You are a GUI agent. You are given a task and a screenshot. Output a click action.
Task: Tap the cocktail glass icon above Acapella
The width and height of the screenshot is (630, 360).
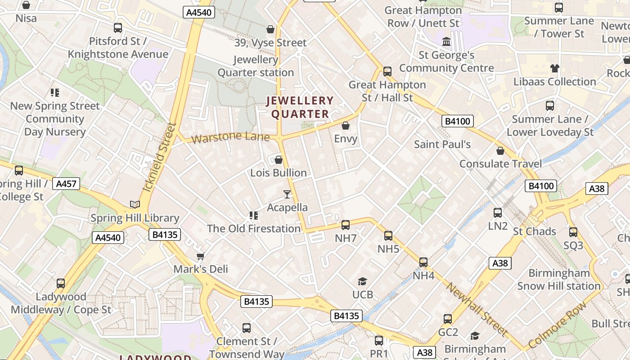click(x=287, y=194)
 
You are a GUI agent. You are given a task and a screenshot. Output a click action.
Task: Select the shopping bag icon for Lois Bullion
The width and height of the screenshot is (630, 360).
click(x=279, y=160)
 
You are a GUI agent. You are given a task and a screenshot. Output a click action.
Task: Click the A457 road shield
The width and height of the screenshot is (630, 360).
click(x=66, y=184)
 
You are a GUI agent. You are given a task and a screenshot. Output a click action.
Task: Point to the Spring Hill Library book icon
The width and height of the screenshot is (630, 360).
click(x=135, y=205)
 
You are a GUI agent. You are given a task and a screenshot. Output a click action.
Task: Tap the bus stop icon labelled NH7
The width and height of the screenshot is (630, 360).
click(x=346, y=225)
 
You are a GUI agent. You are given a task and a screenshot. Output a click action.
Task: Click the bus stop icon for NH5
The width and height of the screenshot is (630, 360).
click(x=388, y=235)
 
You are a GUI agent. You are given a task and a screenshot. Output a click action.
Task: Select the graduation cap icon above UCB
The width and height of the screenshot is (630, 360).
click(x=362, y=282)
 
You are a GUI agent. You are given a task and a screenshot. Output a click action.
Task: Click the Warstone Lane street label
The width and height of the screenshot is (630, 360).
click(x=230, y=137)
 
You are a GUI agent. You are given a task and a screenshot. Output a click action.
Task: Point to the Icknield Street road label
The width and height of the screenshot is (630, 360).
click(x=158, y=157)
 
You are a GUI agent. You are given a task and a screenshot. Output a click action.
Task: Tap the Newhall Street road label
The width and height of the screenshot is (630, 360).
click(x=477, y=310)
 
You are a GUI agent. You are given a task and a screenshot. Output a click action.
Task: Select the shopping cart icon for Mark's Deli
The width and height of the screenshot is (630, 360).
click(x=201, y=256)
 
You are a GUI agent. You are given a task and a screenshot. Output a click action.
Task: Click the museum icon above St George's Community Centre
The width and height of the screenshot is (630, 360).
click(x=446, y=42)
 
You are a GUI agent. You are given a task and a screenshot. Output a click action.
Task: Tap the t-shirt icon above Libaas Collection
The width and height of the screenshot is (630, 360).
click(x=554, y=68)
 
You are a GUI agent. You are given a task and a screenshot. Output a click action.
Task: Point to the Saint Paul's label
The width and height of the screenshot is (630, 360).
click(x=442, y=144)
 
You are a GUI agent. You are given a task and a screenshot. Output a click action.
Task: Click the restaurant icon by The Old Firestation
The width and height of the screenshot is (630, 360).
click(x=253, y=216)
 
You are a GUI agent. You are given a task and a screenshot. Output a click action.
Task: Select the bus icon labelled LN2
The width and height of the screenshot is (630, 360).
click(x=498, y=213)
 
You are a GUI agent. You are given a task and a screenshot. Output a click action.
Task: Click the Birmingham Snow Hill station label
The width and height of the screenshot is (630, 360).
click(x=558, y=279)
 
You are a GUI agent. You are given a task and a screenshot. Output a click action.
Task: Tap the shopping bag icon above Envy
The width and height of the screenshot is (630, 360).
click(x=346, y=126)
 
